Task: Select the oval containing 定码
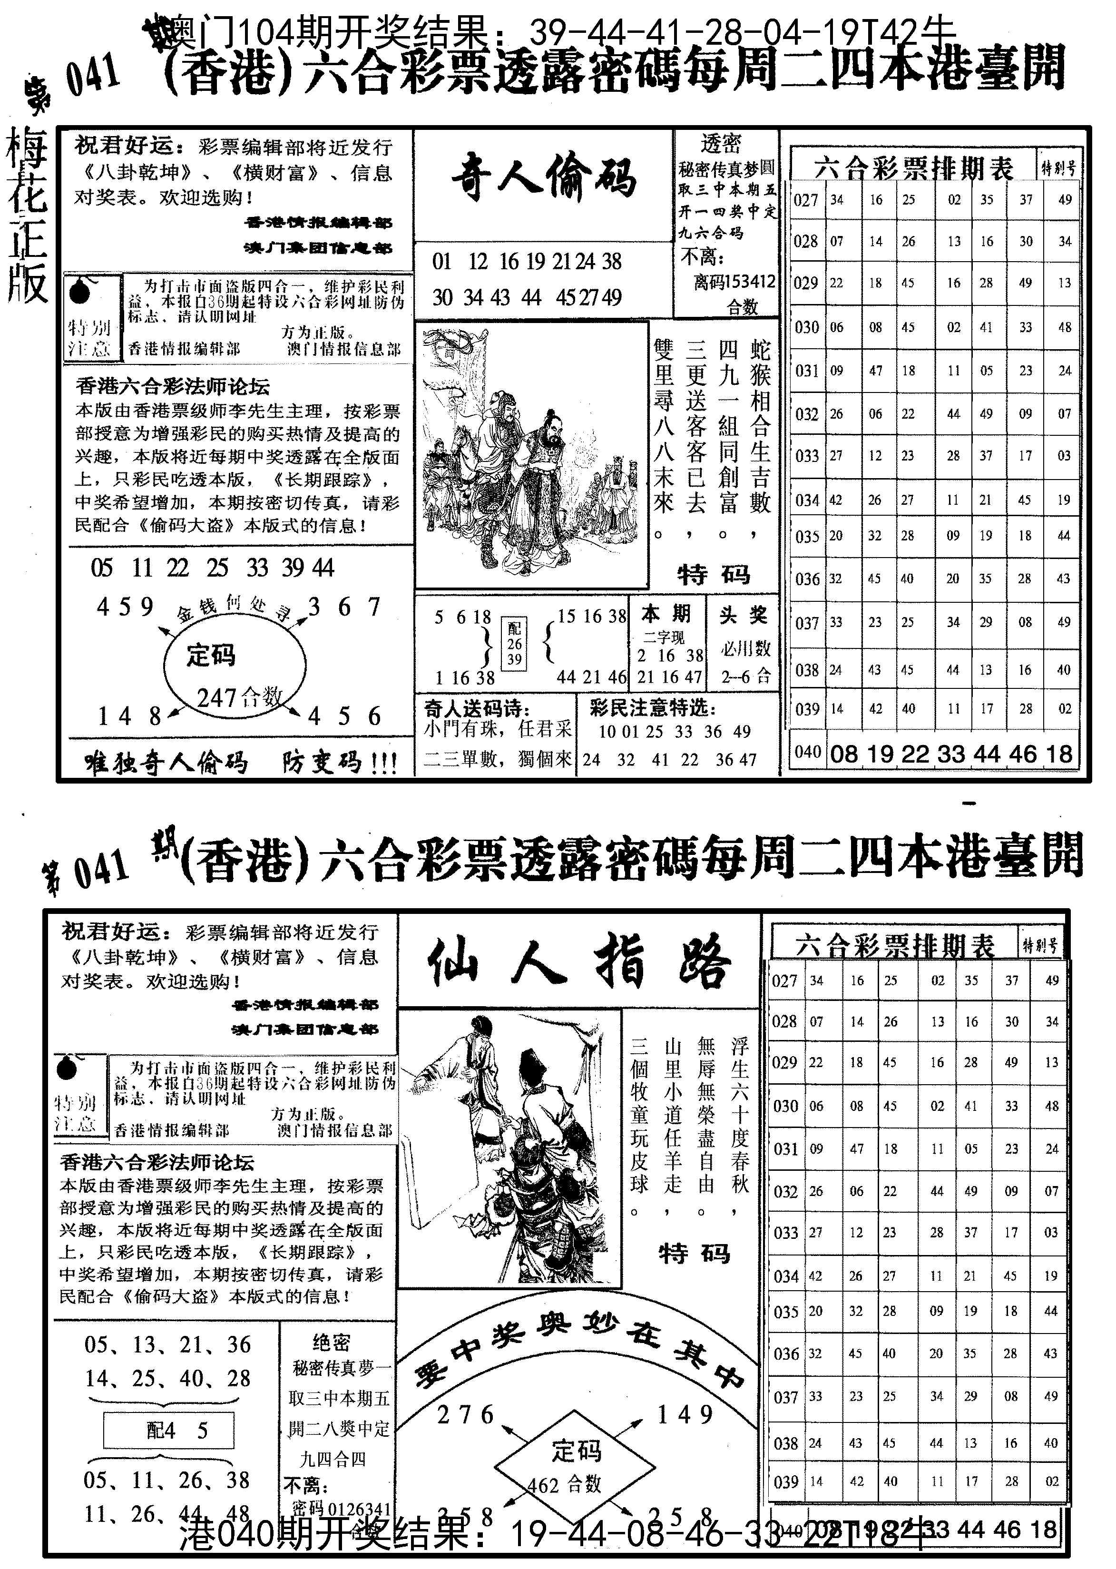(x=235, y=662)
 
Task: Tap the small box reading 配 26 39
(x=515, y=644)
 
